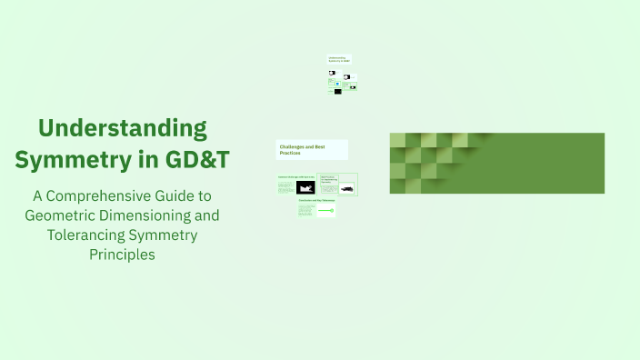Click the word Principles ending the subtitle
coord(123,255)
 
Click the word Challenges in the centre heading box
coord(296,145)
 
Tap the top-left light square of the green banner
coord(397,140)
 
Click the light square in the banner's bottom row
coord(397,185)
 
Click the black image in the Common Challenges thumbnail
coord(305,187)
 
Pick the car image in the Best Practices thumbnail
coord(346,189)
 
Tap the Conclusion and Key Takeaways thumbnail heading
coord(315,202)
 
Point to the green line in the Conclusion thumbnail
coord(325,211)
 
